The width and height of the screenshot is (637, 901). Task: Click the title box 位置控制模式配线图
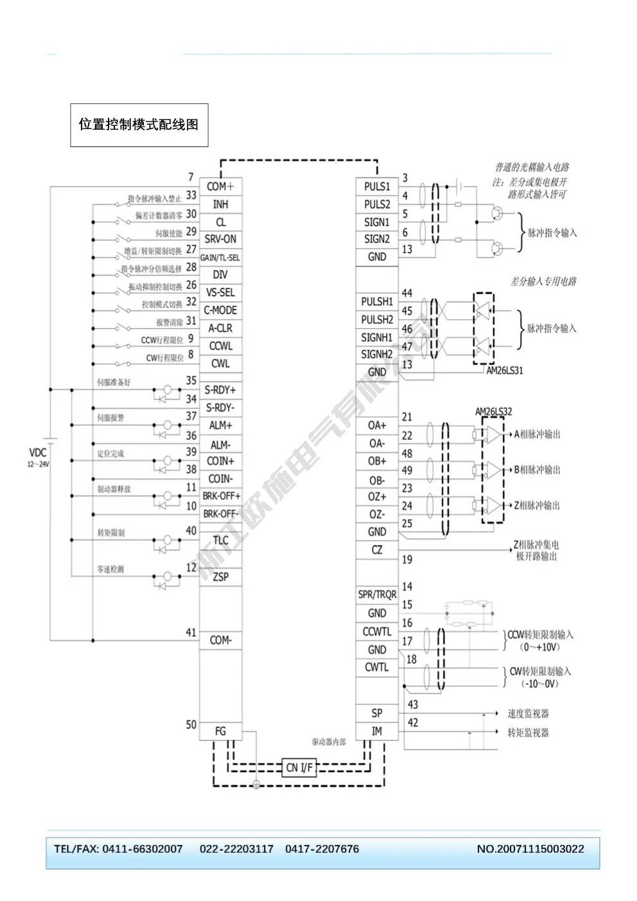pyautogui.click(x=139, y=125)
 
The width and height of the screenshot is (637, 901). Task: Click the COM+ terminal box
pyautogui.click(x=220, y=187)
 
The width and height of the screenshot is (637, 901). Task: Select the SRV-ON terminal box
pyautogui.click(x=220, y=239)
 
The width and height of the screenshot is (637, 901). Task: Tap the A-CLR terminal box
pyautogui.click(x=220, y=328)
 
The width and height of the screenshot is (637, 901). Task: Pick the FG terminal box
pyautogui.click(x=220, y=731)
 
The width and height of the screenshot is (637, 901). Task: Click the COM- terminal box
pyautogui.click(x=220, y=640)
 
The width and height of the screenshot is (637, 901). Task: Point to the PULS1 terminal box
pyautogui.click(x=377, y=187)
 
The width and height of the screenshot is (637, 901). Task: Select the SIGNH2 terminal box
pyautogui.click(x=377, y=354)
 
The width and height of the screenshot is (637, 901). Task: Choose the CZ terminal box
pyautogui.click(x=377, y=550)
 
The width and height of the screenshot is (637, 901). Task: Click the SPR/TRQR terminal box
pyautogui.click(x=377, y=595)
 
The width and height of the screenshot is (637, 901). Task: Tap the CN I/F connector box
pyautogui.click(x=299, y=767)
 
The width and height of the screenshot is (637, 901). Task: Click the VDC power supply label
pyautogui.click(x=38, y=453)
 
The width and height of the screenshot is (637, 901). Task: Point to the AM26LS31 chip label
pyautogui.click(x=505, y=371)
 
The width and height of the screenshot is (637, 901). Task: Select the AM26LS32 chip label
pyautogui.click(x=493, y=412)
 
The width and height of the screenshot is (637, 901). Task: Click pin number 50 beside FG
pyautogui.click(x=191, y=724)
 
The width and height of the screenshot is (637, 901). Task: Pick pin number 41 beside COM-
pyautogui.click(x=191, y=633)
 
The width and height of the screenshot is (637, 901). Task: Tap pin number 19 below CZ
pyautogui.click(x=407, y=559)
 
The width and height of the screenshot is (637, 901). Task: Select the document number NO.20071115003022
pyautogui.click(x=530, y=849)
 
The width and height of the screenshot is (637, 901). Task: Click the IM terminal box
pyautogui.click(x=377, y=731)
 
